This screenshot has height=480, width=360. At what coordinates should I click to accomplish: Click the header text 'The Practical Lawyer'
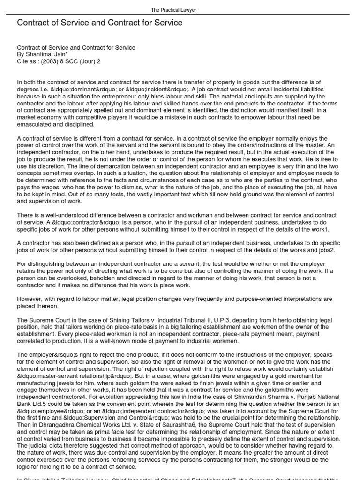coord(180,10)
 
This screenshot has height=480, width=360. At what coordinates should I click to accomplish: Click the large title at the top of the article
coord(100,22)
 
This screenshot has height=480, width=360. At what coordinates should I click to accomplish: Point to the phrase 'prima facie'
coord(99,432)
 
